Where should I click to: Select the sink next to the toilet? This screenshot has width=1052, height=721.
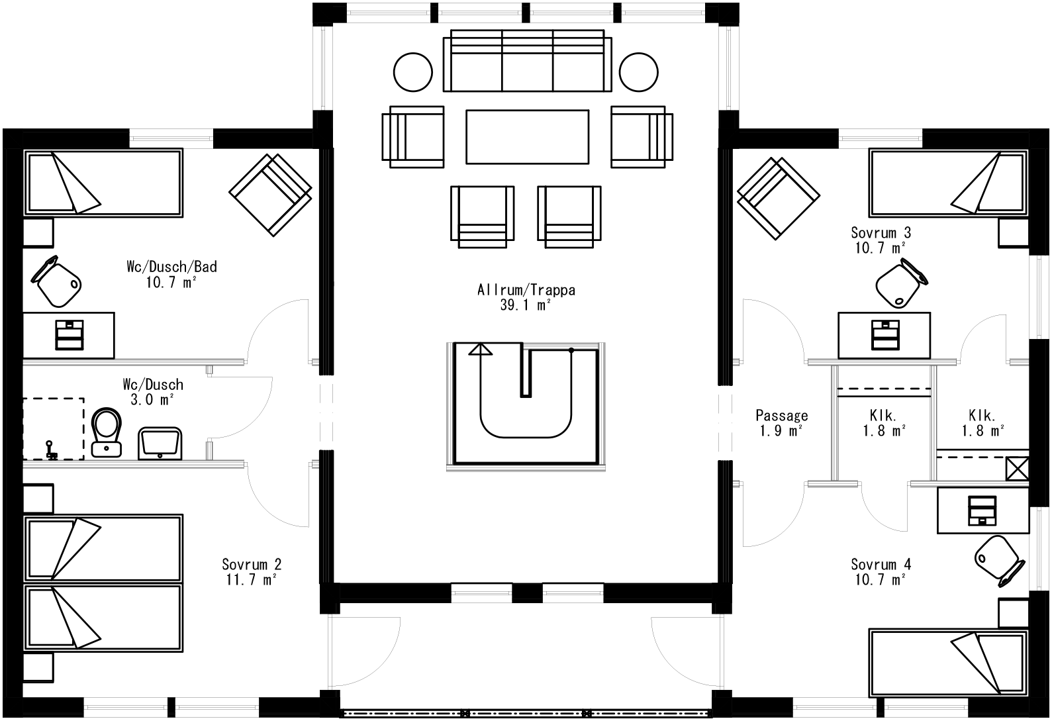click(x=160, y=443)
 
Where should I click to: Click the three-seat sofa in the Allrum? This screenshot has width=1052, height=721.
click(x=527, y=61)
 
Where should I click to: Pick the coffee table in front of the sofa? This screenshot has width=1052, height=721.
click(x=527, y=136)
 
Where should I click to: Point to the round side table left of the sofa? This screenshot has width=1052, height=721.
click(x=413, y=71)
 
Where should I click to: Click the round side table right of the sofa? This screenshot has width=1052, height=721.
click(x=639, y=71)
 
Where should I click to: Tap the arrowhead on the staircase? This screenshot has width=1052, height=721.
click(x=481, y=349)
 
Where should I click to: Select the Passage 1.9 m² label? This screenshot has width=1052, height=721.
click(x=781, y=422)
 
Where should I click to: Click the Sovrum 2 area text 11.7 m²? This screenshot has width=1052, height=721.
click(x=251, y=579)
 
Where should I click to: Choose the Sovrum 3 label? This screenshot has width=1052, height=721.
click(x=881, y=233)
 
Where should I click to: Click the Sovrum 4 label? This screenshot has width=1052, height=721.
click(x=881, y=565)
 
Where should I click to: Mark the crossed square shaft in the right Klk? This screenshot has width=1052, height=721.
click(x=1016, y=469)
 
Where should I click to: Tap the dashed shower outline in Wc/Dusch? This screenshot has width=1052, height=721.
click(x=53, y=428)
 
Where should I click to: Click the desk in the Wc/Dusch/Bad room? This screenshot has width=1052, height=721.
click(x=69, y=334)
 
